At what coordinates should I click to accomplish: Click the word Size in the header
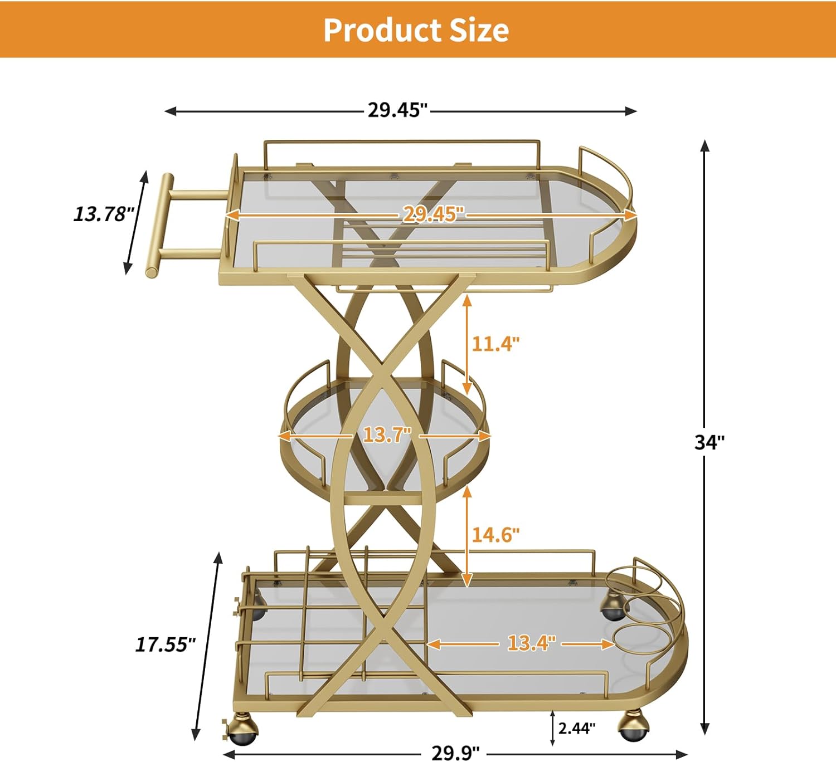tap(479, 30)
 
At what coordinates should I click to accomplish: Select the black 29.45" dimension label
tap(397, 110)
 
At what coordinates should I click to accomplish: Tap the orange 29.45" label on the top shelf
tap(433, 214)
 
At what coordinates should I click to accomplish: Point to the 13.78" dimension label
tap(104, 214)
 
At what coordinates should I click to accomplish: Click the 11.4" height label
tap(495, 344)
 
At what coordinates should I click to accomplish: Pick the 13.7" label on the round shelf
tap(387, 434)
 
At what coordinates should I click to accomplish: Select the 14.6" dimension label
tap(495, 535)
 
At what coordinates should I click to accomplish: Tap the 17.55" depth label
tap(166, 644)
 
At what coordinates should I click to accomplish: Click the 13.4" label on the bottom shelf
tap(531, 643)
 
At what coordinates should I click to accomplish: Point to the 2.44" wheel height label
tap(577, 727)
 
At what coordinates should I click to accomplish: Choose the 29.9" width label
tap(455, 753)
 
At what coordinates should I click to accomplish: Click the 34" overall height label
tap(709, 442)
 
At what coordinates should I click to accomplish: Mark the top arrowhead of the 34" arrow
tap(704, 146)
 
